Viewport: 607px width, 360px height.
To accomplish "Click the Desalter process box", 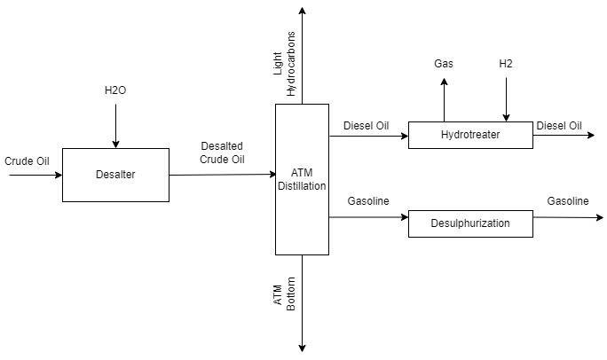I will [x=115, y=175].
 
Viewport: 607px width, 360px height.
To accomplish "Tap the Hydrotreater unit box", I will [x=470, y=135].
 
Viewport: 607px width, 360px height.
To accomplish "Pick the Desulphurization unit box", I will [x=470, y=223].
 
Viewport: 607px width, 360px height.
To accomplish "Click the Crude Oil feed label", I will [x=27, y=161].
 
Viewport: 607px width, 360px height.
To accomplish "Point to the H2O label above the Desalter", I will [x=116, y=90].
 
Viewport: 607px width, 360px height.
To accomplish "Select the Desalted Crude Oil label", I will [x=222, y=153].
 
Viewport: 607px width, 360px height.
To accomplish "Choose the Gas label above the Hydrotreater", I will [x=444, y=64].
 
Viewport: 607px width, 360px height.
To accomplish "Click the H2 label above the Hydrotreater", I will [x=507, y=64].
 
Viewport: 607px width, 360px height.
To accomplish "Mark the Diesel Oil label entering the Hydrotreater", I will [x=366, y=126].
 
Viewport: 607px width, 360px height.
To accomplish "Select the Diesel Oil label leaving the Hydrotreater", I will [x=559, y=126].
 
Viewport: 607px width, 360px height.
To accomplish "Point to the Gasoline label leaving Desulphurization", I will [x=567, y=201].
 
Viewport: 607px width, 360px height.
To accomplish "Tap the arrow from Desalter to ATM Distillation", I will [x=222, y=175].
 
